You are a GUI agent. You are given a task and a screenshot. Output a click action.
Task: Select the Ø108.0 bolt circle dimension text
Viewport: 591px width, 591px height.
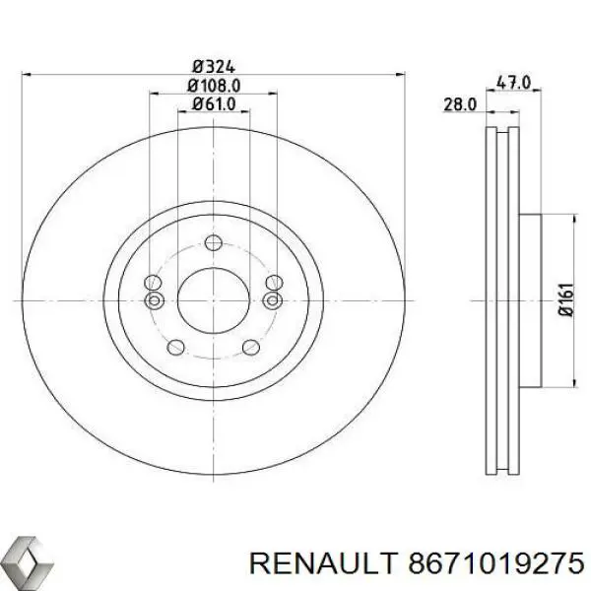[x=212, y=86]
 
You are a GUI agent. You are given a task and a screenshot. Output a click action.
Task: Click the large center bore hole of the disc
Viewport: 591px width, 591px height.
[x=212, y=298]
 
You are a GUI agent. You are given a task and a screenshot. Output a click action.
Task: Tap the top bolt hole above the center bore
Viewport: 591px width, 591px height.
[x=212, y=243]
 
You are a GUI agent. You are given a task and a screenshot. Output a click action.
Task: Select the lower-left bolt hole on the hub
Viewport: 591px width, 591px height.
[x=175, y=345]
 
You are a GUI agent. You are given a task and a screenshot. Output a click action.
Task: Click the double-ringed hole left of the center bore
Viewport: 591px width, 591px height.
[x=154, y=299]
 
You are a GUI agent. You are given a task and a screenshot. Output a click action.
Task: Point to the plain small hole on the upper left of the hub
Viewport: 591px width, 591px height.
[x=154, y=284]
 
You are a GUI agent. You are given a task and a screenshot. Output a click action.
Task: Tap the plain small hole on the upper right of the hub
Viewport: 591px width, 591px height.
[x=271, y=284]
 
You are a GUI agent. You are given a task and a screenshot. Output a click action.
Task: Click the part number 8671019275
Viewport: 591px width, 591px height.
[x=483, y=562]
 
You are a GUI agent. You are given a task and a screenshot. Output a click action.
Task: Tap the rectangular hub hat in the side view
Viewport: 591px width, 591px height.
[x=531, y=299]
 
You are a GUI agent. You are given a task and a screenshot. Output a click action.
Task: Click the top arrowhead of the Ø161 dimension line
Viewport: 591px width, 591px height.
[x=574, y=221]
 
